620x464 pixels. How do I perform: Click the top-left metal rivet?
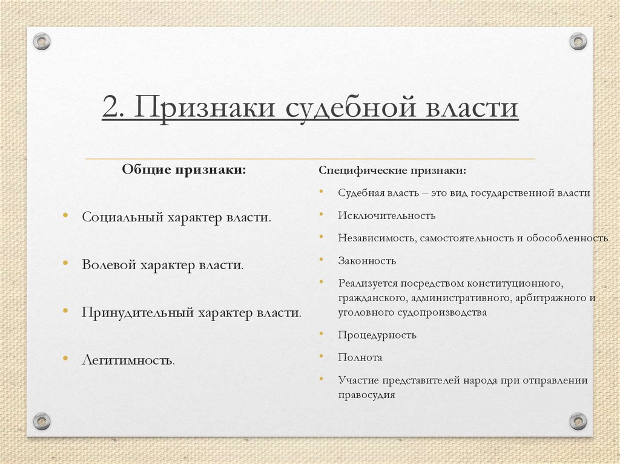point(42,41)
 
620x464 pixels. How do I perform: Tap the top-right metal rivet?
point(578,41)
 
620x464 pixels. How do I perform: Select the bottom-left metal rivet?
point(42,421)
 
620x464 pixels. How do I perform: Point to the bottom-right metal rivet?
point(578,421)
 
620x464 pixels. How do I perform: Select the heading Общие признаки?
point(184,169)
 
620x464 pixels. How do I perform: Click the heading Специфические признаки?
point(392,171)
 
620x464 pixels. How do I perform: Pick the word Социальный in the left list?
point(120,217)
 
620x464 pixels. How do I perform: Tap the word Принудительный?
point(137,313)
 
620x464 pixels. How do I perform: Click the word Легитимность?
point(128,361)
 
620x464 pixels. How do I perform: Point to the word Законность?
point(367,261)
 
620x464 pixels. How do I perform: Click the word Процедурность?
point(377,335)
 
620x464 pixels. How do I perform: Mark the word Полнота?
point(360,358)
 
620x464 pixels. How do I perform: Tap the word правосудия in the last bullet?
point(367,395)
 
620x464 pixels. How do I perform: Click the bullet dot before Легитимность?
point(65,359)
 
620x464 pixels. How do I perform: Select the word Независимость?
point(375,238)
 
